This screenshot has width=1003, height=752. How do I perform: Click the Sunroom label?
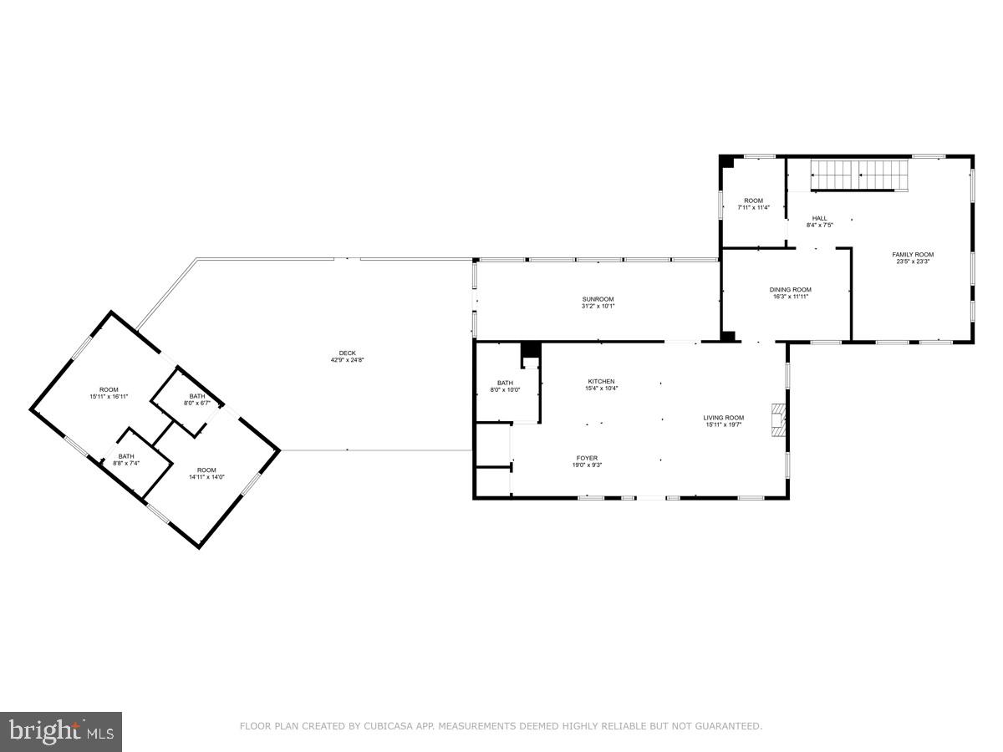tap(598, 299)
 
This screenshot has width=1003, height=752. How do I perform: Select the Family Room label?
tap(913, 255)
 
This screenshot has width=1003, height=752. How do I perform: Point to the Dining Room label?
tap(790, 290)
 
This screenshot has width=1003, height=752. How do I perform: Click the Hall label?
tap(819, 218)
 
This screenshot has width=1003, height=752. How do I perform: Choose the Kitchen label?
tap(600, 381)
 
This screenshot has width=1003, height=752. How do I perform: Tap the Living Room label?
tap(723, 418)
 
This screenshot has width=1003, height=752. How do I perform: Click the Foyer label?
tap(586, 458)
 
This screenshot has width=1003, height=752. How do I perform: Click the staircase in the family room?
tap(859, 175)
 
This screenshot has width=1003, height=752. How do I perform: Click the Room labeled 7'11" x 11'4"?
tap(754, 201)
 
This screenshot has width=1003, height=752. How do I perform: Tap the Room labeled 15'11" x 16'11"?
tap(109, 389)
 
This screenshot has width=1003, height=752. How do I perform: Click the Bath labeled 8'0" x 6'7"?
tap(196, 396)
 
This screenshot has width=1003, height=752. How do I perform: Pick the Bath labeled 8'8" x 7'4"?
tap(125, 456)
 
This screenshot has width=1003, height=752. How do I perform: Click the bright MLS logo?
tap(61, 731)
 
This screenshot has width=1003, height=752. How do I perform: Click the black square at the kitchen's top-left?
tap(530, 350)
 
